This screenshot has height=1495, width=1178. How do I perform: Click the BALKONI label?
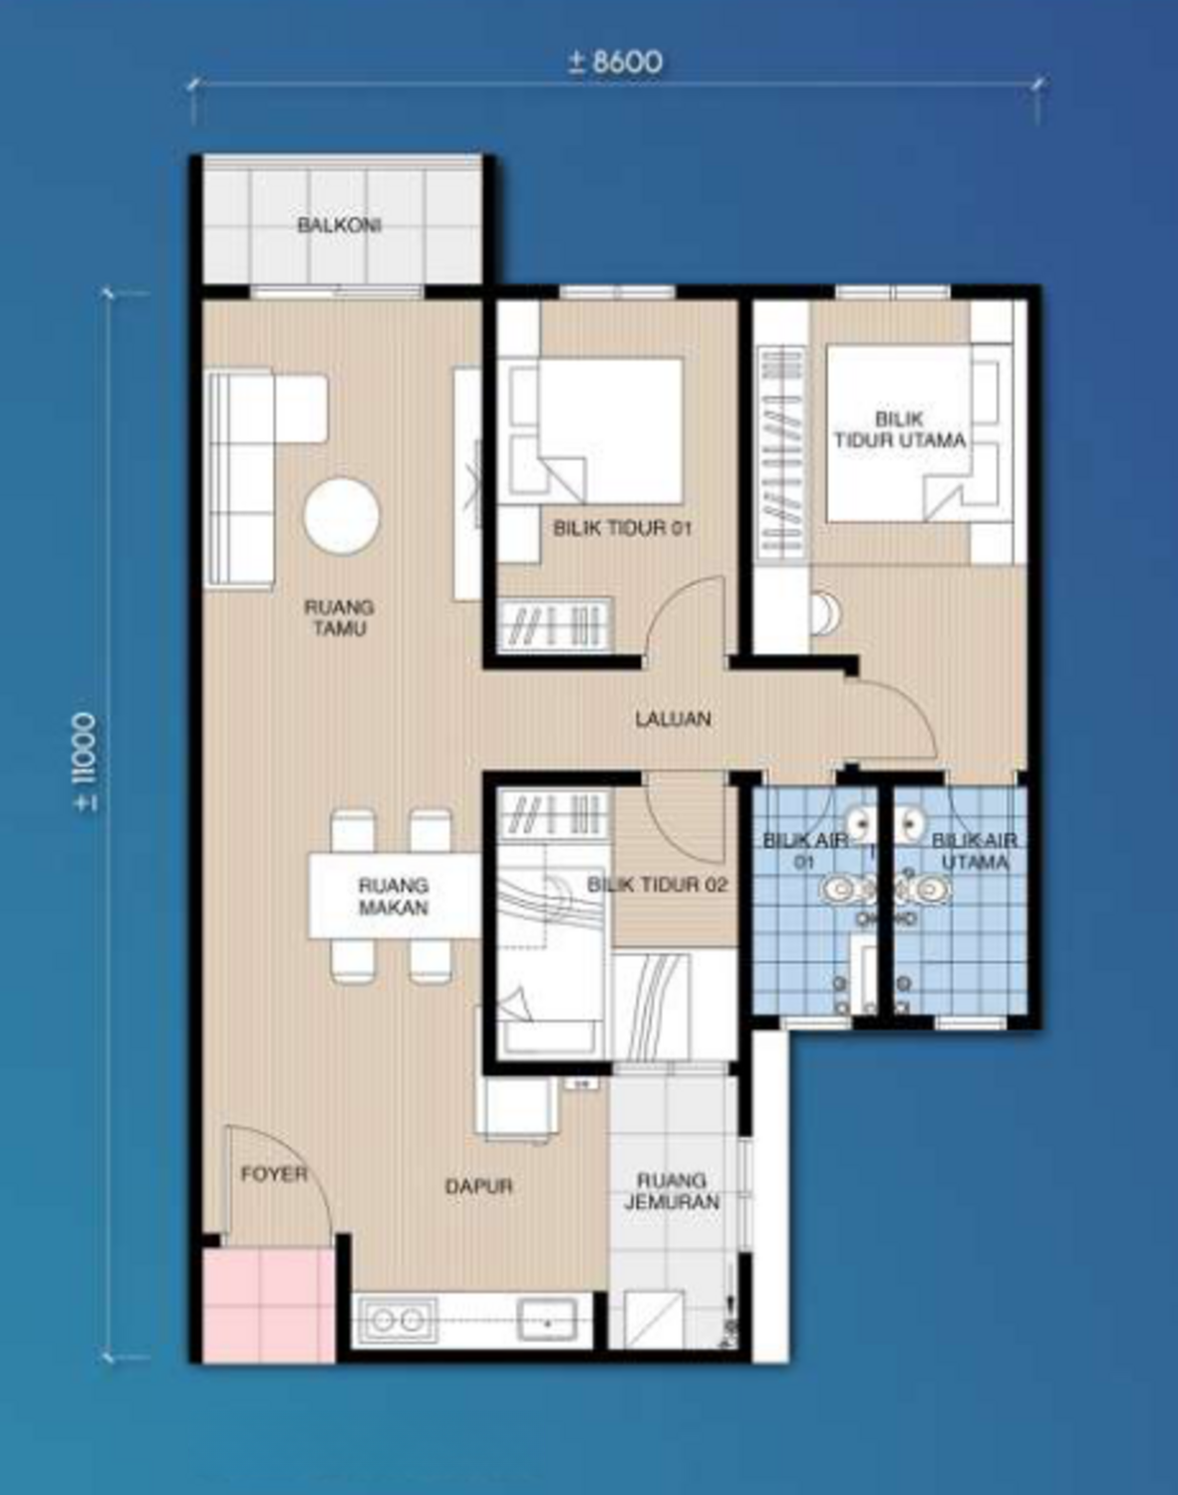pyautogui.click(x=339, y=225)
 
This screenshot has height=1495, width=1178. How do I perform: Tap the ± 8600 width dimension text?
pyautogui.click(x=615, y=63)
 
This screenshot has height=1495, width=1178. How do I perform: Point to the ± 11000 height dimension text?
pyautogui.click(x=87, y=761)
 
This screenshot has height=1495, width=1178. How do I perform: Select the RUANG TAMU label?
pyautogui.click(x=339, y=617)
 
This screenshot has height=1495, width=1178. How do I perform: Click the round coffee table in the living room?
pyautogui.click(x=341, y=515)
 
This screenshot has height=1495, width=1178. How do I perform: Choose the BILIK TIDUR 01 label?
pyautogui.click(x=622, y=528)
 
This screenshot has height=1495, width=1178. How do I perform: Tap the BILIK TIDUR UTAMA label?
pyautogui.click(x=899, y=430)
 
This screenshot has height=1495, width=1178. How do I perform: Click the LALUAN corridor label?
pyautogui.click(x=674, y=719)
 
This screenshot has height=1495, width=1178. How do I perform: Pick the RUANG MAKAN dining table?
pyautogui.click(x=395, y=896)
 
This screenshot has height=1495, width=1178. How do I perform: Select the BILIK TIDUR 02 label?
pyautogui.click(x=657, y=885)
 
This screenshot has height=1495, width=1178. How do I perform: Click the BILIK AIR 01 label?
pyautogui.click(x=804, y=850)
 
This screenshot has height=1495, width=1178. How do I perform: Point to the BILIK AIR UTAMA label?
pyautogui.click(x=974, y=850)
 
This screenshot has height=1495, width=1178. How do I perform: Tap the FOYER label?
pyautogui.click(x=274, y=1175)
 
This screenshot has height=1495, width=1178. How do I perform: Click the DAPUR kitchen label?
pyautogui.click(x=478, y=1186)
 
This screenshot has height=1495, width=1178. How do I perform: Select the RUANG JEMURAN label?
pyautogui.click(x=672, y=1191)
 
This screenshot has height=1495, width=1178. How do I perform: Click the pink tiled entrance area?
pyautogui.click(x=268, y=1305)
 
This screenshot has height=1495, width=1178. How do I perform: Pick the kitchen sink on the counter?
pyautogui.click(x=547, y=1320)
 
